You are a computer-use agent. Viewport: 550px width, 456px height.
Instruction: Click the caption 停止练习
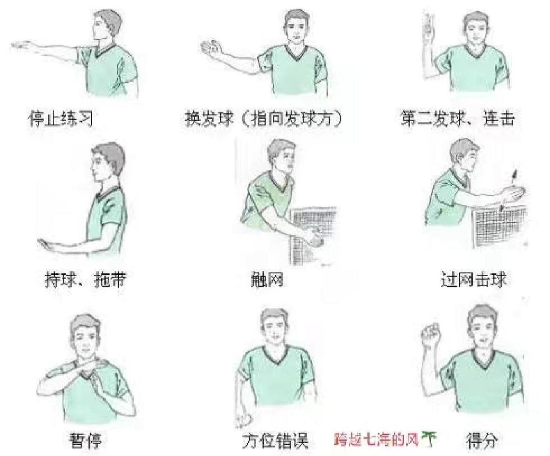click(x=61, y=118)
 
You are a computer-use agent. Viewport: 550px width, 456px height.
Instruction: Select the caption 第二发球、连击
click(x=457, y=118)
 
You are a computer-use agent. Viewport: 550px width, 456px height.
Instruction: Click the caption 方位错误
click(x=275, y=441)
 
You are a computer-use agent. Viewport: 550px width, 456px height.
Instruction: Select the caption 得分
click(x=482, y=441)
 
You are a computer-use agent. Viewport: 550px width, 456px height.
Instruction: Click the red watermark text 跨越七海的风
click(x=376, y=439)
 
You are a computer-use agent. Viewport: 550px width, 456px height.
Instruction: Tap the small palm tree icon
click(x=430, y=438)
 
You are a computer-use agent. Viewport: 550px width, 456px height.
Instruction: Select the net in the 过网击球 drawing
click(x=501, y=226)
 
